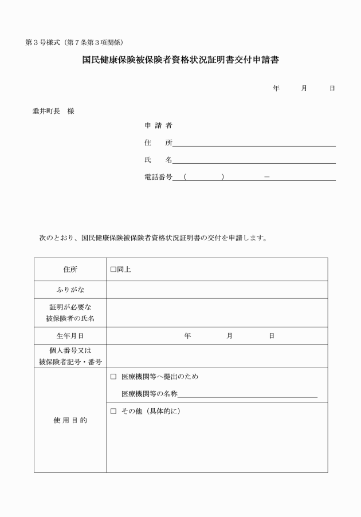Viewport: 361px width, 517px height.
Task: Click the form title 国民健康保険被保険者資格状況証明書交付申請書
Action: (181, 59)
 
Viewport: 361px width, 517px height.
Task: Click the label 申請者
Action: (158, 125)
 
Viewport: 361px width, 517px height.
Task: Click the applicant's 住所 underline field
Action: (254, 143)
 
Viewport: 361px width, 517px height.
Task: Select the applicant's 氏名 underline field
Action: (254, 160)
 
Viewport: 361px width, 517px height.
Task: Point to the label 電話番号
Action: (158, 177)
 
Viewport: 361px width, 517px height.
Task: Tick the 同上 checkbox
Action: (113, 269)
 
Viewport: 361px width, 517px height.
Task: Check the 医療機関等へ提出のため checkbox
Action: (113, 377)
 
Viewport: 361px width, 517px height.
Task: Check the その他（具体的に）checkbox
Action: (113, 411)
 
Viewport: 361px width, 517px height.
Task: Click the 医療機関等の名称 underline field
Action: (248, 394)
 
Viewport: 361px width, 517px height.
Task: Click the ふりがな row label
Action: (70, 290)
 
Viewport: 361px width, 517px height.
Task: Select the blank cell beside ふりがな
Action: (217, 290)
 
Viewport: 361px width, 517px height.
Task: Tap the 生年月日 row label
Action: (70, 336)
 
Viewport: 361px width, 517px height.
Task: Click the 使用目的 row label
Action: (70, 420)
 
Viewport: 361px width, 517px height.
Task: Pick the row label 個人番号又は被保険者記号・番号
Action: (70, 356)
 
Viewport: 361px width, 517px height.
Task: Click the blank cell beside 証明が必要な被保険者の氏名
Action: (217, 313)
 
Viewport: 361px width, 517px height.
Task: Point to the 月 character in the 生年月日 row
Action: (229, 336)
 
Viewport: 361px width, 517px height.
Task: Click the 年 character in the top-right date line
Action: (276, 88)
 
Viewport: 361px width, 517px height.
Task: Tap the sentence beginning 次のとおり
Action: (152, 237)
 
